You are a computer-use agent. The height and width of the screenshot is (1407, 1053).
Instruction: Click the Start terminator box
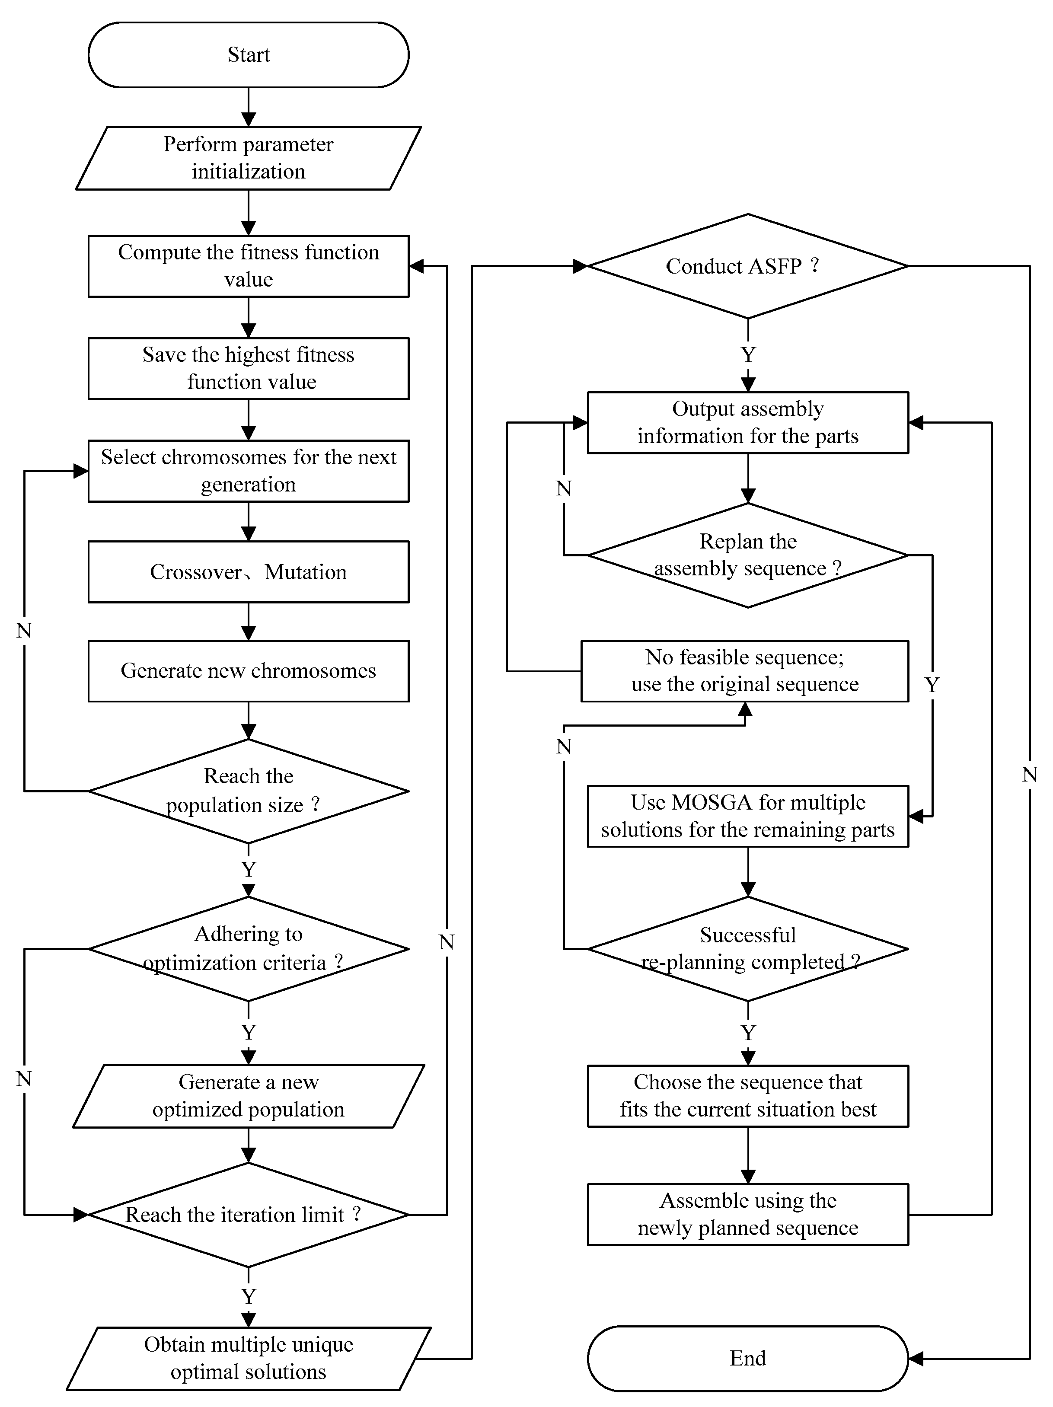pos(248,55)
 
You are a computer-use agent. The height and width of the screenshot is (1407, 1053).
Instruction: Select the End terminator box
pos(747,1358)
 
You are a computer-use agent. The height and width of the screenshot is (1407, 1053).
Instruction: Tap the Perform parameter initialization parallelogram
pos(248,158)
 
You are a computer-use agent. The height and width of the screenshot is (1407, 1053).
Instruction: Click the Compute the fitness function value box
pos(248,266)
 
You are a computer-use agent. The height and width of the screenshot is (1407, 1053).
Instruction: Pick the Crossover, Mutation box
pos(248,572)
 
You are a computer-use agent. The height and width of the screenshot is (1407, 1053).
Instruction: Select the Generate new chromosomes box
pos(248,670)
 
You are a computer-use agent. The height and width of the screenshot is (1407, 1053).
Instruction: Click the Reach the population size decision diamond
pos(248,791)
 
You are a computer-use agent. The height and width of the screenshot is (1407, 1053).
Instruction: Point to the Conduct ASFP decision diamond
pos(747,266)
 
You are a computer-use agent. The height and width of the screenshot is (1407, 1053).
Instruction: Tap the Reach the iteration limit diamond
pos(248,1214)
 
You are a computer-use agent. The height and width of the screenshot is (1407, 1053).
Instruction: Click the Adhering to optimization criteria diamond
pos(248,948)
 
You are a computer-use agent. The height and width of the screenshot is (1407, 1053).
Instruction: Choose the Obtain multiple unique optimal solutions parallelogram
pos(248,1358)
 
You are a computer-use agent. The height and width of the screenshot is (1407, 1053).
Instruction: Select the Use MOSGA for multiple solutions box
pos(747,816)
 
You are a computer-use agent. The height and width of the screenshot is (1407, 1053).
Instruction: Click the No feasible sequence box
pos(744,670)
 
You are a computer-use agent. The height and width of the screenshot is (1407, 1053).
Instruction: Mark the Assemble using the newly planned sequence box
pos(747,1214)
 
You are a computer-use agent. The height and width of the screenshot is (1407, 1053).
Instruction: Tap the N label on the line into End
pos(1029,774)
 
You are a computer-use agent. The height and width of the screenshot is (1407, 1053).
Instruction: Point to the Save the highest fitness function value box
pos(248,368)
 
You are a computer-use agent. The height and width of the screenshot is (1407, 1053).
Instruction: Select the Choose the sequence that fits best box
pos(747,1096)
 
